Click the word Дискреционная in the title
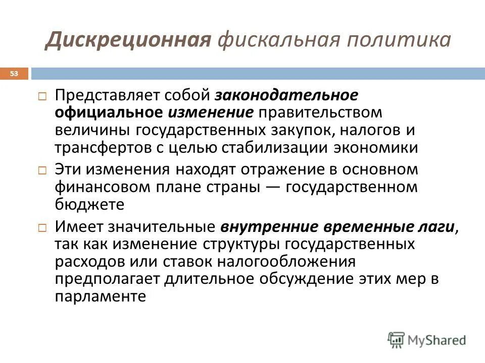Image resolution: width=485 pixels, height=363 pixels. click(127, 40)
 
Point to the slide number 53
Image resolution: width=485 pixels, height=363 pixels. click(14, 74)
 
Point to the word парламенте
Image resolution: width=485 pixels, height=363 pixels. click(101, 296)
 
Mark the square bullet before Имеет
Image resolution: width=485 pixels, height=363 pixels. click(43, 227)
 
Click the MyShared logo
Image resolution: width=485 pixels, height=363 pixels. click(427, 340)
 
